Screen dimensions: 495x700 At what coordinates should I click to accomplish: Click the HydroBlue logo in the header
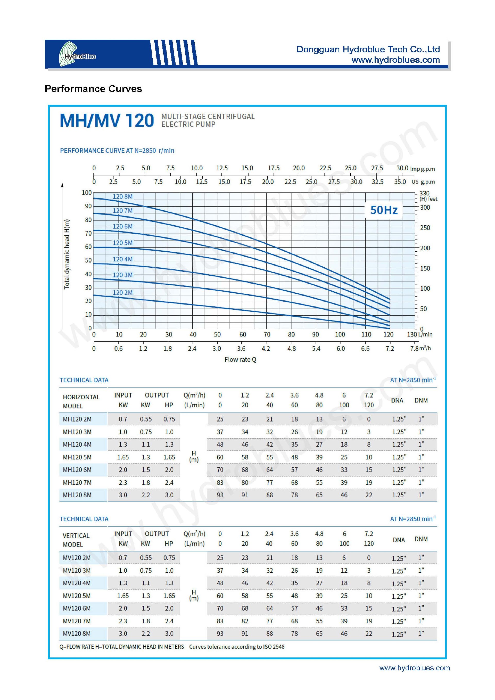[77, 54]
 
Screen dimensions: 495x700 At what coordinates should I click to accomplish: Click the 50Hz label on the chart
[384, 210]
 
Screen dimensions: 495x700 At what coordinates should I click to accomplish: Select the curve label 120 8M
[122, 197]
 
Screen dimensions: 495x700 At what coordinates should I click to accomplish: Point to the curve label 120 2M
[122, 293]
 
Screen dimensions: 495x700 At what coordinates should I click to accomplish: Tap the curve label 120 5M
[122, 243]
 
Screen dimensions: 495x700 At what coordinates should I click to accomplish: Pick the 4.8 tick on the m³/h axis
[291, 349]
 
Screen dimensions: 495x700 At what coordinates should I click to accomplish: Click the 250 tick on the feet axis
[425, 228]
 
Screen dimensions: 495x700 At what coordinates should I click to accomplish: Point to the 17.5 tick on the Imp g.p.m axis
[273, 168]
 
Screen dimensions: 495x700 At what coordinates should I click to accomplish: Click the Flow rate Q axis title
[240, 359]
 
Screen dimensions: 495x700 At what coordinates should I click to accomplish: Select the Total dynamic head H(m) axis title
[67, 254]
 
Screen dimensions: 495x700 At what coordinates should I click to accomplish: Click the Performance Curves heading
[93, 89]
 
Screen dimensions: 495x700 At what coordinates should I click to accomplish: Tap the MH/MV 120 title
[107, 120]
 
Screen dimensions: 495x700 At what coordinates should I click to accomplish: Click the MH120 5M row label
[77, 457]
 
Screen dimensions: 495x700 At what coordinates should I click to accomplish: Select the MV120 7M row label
[77, 621]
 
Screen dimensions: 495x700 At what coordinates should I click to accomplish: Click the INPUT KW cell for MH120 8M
[123, 495]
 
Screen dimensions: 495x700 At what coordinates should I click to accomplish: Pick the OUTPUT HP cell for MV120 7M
[169, 621]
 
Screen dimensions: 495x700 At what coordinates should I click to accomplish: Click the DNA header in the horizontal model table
[397, 400]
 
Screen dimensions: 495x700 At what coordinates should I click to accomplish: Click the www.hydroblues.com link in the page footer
[415, 668]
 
